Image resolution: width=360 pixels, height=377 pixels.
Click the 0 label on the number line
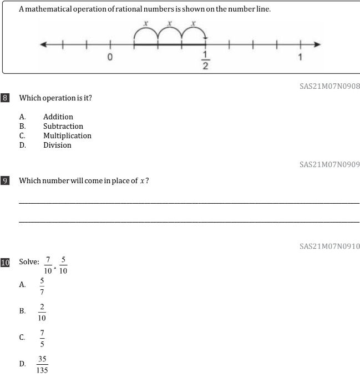pos(110,57)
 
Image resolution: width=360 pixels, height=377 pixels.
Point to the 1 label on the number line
pos(300,57)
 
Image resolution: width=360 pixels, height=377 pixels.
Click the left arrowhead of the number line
pos(42,44)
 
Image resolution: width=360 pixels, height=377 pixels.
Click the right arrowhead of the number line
pos(317,44)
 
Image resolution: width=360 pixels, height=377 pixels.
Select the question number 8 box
pos(5,98)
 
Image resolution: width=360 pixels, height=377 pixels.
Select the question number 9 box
pos(5,180)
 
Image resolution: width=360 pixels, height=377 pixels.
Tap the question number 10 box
pos(5,262)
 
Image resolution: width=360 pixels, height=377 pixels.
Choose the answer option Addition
pos(58,117)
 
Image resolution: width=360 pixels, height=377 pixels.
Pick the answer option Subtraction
pos(63,126)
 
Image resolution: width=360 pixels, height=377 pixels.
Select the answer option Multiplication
pos(67,135)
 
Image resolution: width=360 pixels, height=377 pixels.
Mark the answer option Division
pos(57,145)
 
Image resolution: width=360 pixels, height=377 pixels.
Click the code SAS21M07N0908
pos(329,86)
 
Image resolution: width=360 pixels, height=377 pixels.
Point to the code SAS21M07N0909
pos(329,164)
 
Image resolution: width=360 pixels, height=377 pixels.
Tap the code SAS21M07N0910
pos(329,246)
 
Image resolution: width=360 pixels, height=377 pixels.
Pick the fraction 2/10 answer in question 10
pos(42,312)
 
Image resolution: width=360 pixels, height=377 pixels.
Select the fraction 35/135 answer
pos(42,365)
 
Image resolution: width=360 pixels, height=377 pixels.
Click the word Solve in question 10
pos(29,262)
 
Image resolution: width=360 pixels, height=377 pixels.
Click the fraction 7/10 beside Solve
pos(48,265)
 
